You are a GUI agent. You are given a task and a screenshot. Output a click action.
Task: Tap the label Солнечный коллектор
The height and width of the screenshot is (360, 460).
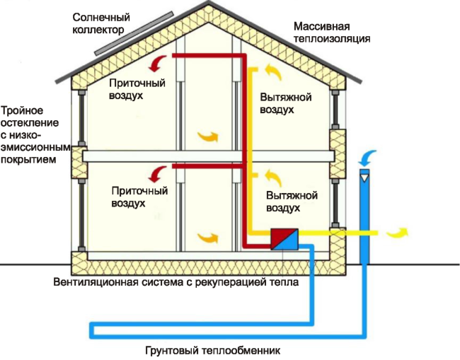click(98, 23)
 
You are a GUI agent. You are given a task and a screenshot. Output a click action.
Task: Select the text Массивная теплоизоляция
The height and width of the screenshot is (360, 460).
click(332, 31)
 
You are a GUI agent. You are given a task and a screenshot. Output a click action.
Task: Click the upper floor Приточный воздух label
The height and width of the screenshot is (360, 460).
click(137, 88)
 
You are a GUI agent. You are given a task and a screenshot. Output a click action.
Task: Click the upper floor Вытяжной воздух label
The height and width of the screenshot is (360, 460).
click(286, 104)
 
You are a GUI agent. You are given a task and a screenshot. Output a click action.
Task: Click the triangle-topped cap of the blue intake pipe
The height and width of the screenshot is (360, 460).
click(365, 174)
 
